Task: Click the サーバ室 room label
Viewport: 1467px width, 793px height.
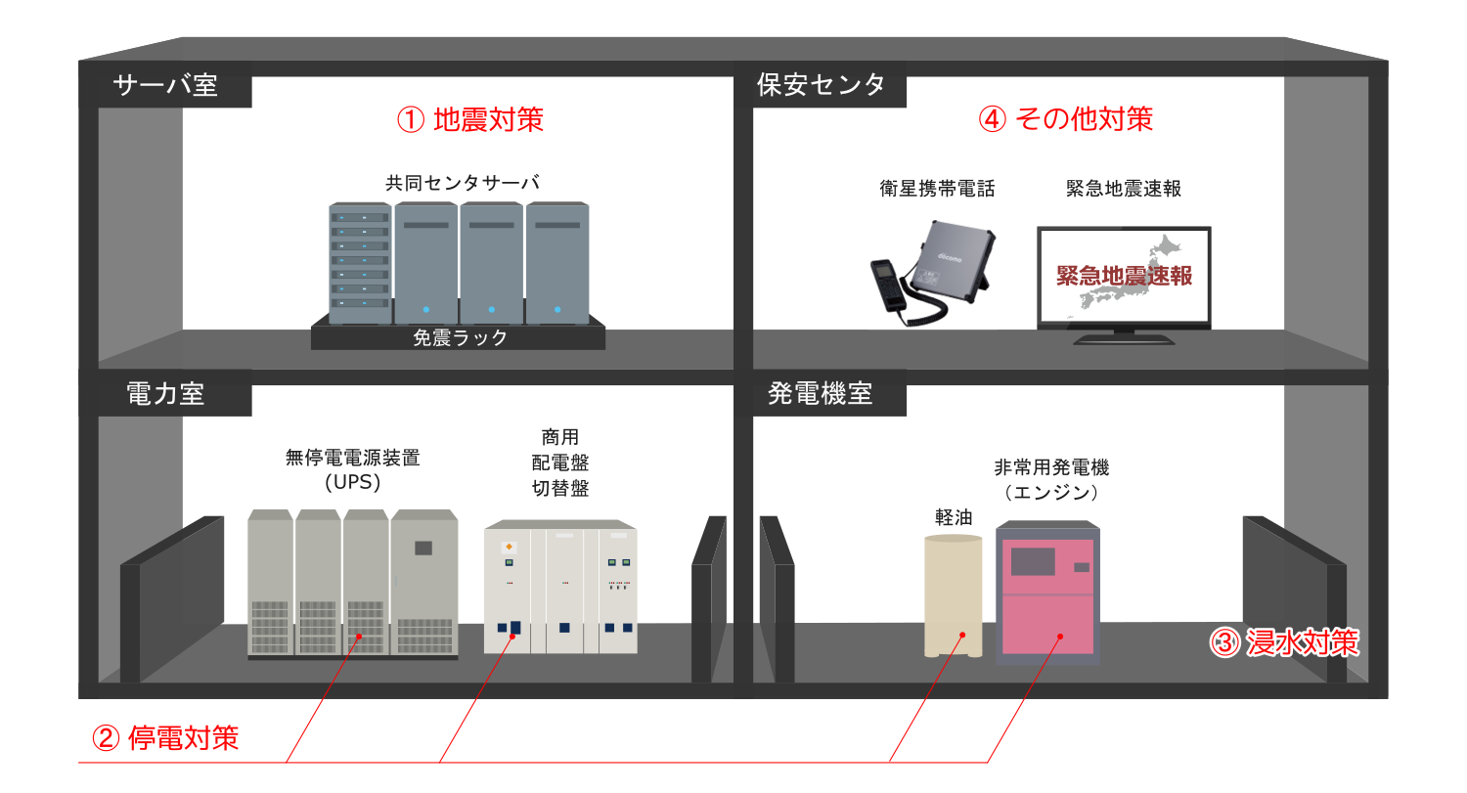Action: coord(165,85)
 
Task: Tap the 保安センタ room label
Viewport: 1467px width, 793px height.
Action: coord(821,85)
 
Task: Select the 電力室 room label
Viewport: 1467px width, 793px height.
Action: coord(165,394)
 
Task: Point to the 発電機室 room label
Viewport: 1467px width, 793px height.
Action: coord(820,393)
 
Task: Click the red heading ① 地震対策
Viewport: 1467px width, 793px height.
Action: coord(470,120)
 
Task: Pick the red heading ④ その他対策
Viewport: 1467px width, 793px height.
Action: coord(1066,119)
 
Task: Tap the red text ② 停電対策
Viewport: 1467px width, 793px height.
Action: coord(165,738)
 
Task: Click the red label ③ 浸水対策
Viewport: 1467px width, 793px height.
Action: coord(1283,642)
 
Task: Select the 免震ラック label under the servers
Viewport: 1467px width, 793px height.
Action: coord(460,338)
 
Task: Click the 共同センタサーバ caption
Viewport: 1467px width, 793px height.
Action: coord(463,183)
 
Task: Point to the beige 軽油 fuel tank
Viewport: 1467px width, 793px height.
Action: coord(953,595)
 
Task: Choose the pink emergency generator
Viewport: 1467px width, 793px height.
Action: coord(1047,593)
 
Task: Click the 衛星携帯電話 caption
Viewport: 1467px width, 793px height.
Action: coord(937,190)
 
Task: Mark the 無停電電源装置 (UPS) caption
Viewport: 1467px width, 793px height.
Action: coord(352,469)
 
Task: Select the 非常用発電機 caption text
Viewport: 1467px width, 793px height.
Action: coord(1051,467)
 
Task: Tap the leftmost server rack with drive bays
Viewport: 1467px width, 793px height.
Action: coord(360,263)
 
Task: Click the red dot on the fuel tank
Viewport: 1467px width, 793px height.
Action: coord(962,635)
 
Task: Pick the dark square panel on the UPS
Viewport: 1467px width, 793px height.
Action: coord(423,548)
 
